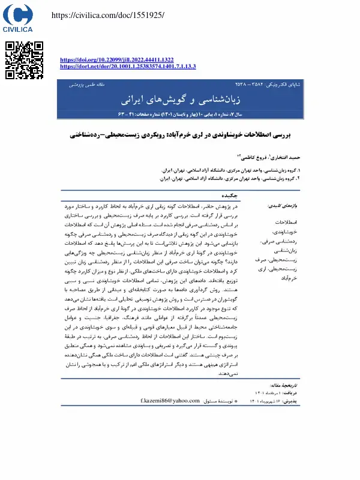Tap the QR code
click(x=24, y=61)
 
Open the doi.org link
click(x=117, y=60)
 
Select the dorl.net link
click(x=128, y=67)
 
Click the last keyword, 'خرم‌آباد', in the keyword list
click(x=289, y=278)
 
